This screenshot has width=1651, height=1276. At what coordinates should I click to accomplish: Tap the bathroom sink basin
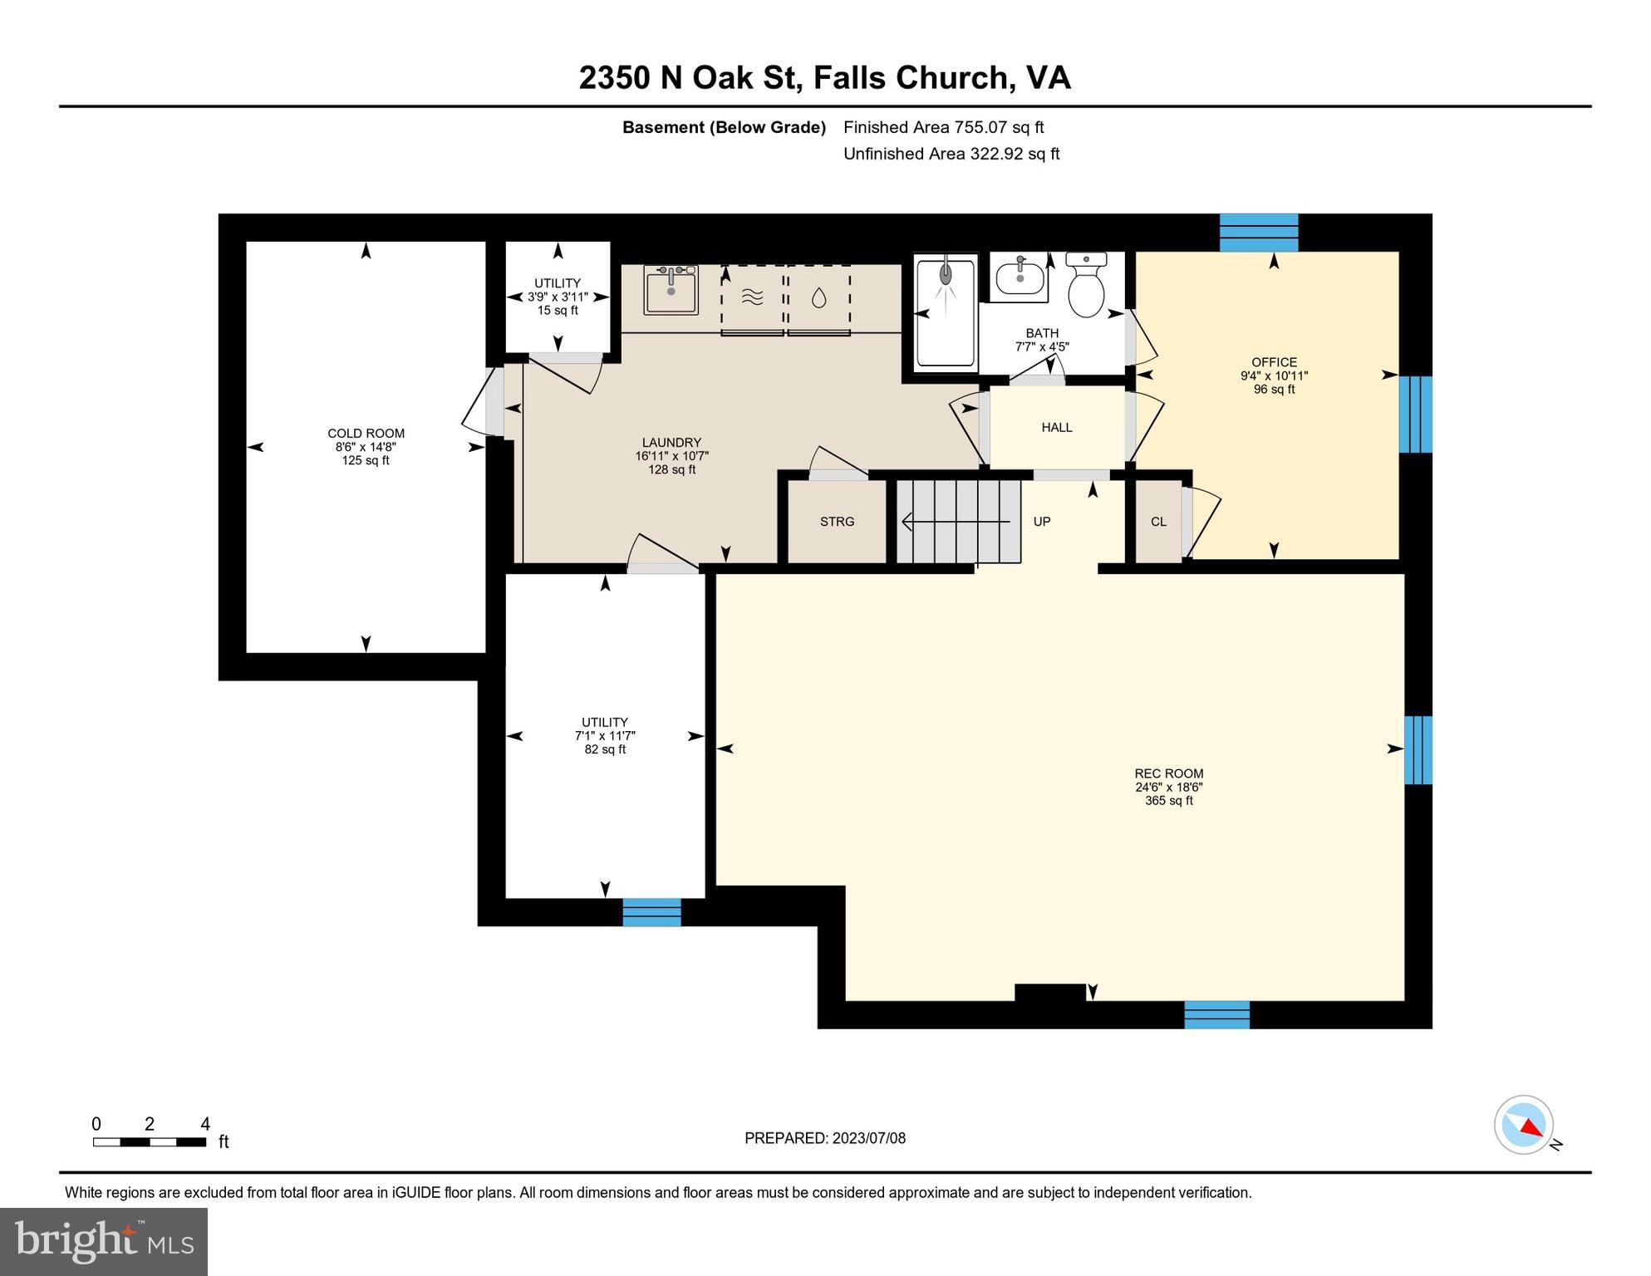click(1020, 278)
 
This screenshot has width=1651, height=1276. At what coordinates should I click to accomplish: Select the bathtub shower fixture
click(945, 312)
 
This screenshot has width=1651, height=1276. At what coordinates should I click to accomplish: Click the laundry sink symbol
click(671, 290)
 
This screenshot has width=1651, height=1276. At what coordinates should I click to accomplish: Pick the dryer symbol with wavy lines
click(752, 297)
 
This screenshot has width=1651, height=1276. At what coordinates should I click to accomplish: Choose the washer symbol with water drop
click(818, 298)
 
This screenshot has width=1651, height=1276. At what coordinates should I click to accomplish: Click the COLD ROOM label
click(366, 434)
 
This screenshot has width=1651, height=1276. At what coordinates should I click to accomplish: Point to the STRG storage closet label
click(837, 522)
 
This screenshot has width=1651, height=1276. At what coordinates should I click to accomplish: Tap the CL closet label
click(1158, 522)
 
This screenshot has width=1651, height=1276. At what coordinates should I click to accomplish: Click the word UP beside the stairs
click(1042, 522)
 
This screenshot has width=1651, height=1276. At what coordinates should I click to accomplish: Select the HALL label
click(1057, 428)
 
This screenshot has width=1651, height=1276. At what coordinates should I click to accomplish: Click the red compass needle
click(1531, 1127)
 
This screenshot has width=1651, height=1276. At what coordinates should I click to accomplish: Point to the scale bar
click(150, 1142)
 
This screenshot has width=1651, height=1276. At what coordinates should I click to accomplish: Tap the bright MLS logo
click(104, 1242)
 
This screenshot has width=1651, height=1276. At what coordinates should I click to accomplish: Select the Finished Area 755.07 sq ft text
click(943, 127)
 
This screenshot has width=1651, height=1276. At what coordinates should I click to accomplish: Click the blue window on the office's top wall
click(1258, 233)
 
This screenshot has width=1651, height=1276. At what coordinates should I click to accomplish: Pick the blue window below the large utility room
click(651, 912)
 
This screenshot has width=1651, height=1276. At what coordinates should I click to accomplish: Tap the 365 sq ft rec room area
click(1168, 801)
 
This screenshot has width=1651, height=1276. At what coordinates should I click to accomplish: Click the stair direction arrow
click(956, 522)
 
